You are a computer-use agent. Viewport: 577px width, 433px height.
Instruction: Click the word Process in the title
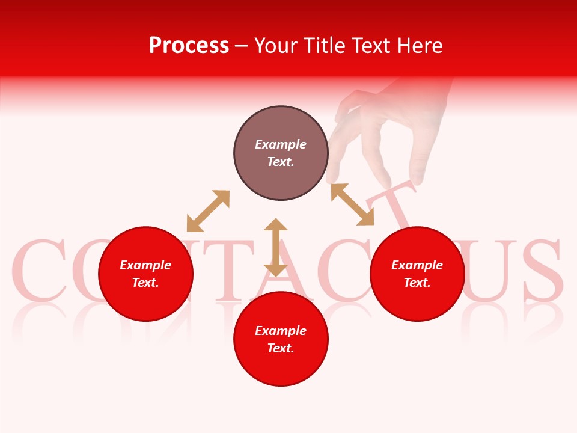(189, 46)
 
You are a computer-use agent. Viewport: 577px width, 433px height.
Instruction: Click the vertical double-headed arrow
(276, 247)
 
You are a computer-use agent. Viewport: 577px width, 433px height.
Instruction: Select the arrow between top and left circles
(208, 211)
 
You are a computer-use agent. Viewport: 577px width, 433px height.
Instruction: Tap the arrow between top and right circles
(352, 204)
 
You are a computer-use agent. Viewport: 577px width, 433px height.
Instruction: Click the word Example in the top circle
(281, 144)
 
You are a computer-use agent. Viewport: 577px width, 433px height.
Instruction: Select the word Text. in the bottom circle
(281, 348)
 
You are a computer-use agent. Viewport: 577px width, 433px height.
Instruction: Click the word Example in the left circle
(145, 265)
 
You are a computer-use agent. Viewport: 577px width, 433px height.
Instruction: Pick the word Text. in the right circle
(417, 283)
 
